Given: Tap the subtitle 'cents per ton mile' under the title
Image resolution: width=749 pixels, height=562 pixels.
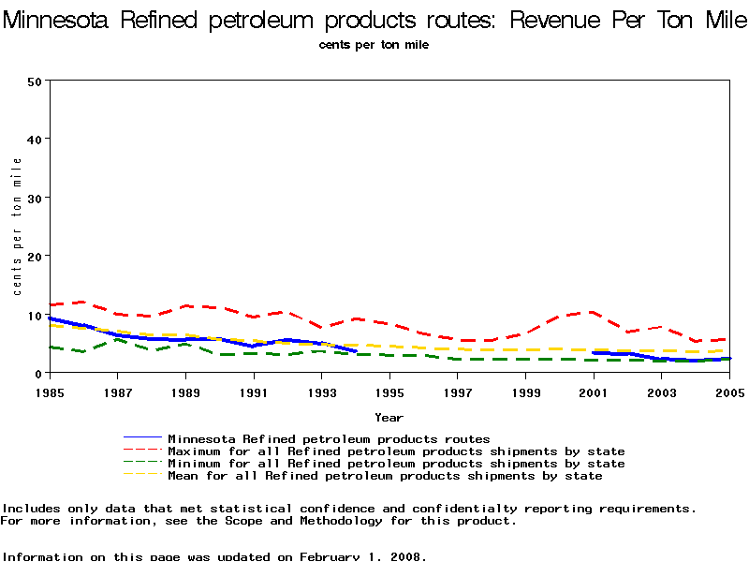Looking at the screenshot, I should (374, 45).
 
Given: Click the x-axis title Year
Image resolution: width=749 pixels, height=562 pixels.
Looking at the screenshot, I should (389, 417).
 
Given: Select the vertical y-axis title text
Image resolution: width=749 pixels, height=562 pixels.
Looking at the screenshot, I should (18, 226).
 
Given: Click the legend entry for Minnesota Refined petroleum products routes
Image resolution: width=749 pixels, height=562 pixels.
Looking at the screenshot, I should (329, 438).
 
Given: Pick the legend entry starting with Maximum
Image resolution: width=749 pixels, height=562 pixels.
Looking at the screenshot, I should (396, 451).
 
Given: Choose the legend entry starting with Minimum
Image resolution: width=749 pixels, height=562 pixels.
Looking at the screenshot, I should (396, 464).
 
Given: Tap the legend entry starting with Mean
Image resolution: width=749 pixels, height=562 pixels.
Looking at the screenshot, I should (385, 476).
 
